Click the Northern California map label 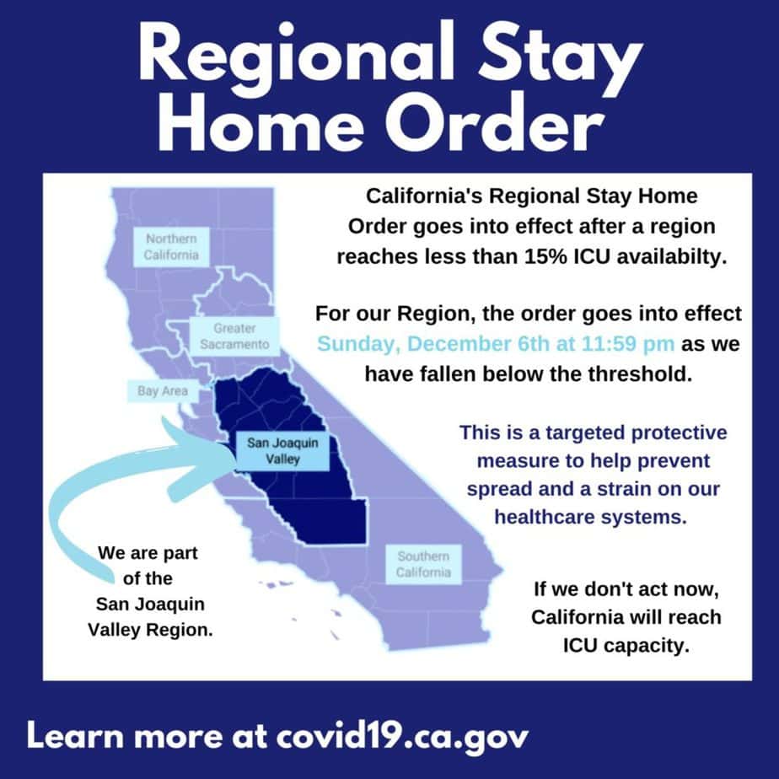tap(171, 247)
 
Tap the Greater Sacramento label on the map tap(234, 336)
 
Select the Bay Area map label tap(163, 391)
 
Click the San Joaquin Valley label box tap(282, 451)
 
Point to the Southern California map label tap(423, 564)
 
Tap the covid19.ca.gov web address tap(402, 737)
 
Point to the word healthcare tap(544, 517)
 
